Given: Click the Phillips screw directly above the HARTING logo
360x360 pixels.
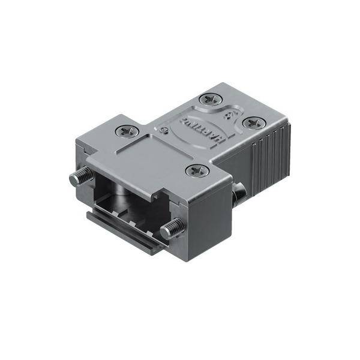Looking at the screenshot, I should coord(210,100).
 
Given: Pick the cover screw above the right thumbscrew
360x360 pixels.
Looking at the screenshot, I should coord(196,171).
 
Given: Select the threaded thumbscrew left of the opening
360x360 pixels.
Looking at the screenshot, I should coord(81,177).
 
